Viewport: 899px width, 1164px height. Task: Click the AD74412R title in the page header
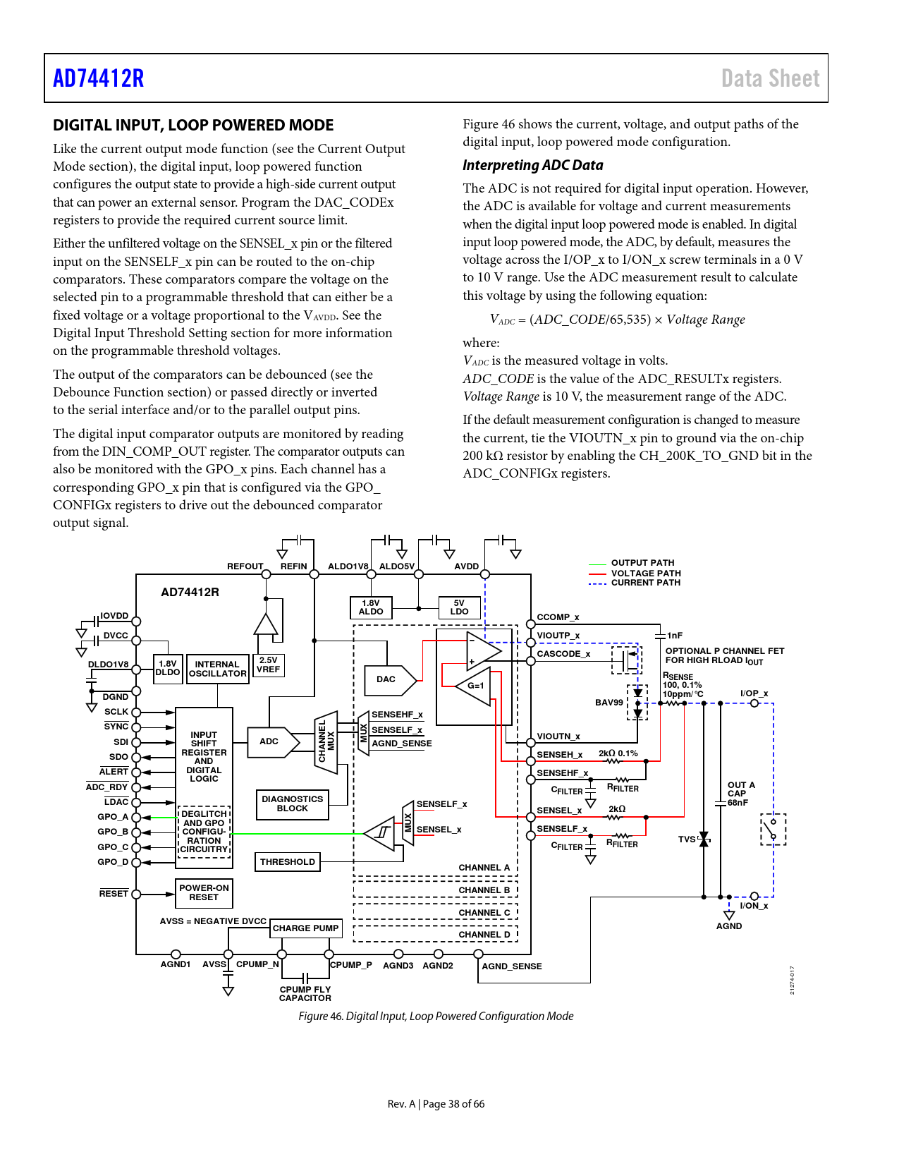99,78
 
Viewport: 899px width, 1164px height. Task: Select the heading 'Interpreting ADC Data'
533,165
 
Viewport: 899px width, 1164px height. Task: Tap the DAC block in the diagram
389,680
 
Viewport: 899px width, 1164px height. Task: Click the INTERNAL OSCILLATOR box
217,669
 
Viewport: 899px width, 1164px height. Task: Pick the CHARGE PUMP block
305,928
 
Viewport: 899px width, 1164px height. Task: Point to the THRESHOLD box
288,862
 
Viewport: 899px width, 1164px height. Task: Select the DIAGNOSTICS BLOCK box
293,804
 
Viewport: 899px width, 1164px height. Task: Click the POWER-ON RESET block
204,893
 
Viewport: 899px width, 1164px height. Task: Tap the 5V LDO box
459,607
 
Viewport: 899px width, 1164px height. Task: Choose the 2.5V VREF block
268,665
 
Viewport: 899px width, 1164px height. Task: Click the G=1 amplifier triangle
473,686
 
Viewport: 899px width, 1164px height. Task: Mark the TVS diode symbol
704,839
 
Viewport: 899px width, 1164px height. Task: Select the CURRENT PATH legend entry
635,583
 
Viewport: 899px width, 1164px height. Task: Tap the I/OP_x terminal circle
754,703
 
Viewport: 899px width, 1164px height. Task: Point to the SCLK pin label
116,712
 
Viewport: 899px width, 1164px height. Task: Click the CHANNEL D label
484,935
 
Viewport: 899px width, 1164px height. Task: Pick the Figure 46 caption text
436,1016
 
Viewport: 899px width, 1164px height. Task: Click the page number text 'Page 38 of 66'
453,1104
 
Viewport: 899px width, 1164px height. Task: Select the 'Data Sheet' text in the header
770,78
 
